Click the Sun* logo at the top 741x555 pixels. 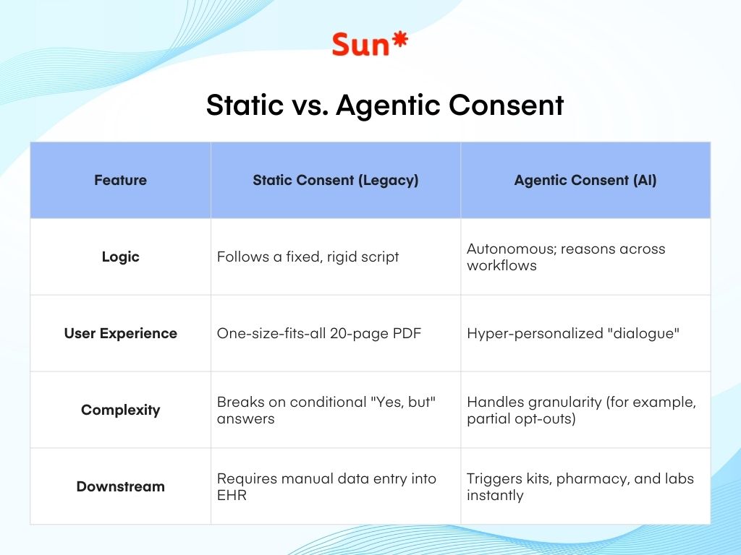click(370, 44)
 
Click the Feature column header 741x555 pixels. click(120, 181)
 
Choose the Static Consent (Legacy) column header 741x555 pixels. click(336, 181)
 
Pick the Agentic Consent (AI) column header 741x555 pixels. click(585, 181)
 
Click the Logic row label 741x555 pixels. click(120, 257)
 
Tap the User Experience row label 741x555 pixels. click(120, 334)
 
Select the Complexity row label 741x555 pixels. click(120, 410)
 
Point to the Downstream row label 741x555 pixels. click(120, 487)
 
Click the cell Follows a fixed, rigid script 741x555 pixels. click(308, 257)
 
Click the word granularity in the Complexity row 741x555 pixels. click(561, 403)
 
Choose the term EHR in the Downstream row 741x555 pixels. click(232, 496)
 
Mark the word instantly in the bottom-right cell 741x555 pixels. click(495, 496)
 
